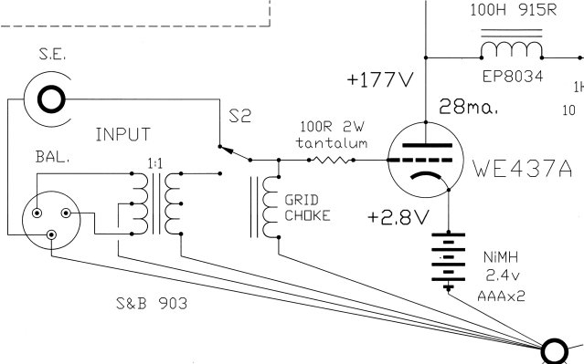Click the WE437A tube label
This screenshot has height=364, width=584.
pos(523,168)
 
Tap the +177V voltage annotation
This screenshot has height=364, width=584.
pos(380,79)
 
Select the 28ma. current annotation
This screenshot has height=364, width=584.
pos(469,107)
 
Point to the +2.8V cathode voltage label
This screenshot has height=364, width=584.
pos(398,217)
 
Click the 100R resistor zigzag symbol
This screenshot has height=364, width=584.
pos(331,161)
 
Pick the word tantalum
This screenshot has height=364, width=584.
pos(332,143)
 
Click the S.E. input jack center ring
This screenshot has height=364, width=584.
pos(51,99)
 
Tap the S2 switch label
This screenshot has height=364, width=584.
pos(239,116)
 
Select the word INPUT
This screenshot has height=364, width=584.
pos(122,134)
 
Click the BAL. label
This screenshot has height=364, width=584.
pos(52,157)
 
